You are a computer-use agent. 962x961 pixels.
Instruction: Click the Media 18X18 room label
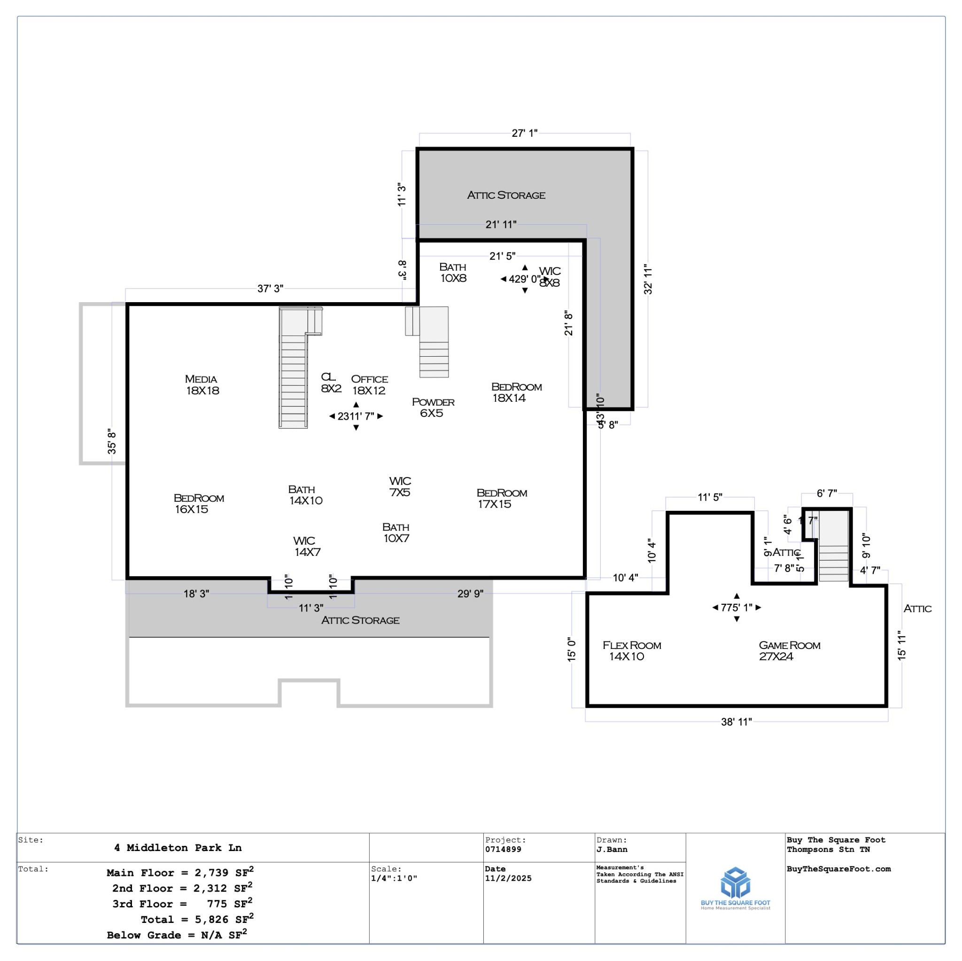click(201, 384)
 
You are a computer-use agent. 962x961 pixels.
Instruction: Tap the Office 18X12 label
click(369, 384)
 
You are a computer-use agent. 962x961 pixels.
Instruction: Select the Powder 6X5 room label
click(433, 407)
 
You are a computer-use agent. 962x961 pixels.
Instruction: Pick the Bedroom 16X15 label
click(198, 503)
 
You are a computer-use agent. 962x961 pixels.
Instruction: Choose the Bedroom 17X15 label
click(501, 498)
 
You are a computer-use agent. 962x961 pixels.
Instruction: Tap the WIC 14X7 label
click(306, 546)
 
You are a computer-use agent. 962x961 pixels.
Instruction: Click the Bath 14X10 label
click(304, 495)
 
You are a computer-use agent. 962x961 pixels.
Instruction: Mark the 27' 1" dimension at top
click(524, 133)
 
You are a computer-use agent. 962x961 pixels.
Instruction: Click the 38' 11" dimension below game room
click(736, 722)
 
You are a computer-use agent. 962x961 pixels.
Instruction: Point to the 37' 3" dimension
click(270, 289)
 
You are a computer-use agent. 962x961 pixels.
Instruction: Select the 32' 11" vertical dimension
click(647, 279)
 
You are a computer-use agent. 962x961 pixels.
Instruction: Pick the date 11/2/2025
click(508, 878)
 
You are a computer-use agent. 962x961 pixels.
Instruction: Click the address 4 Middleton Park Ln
click(178, 847)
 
